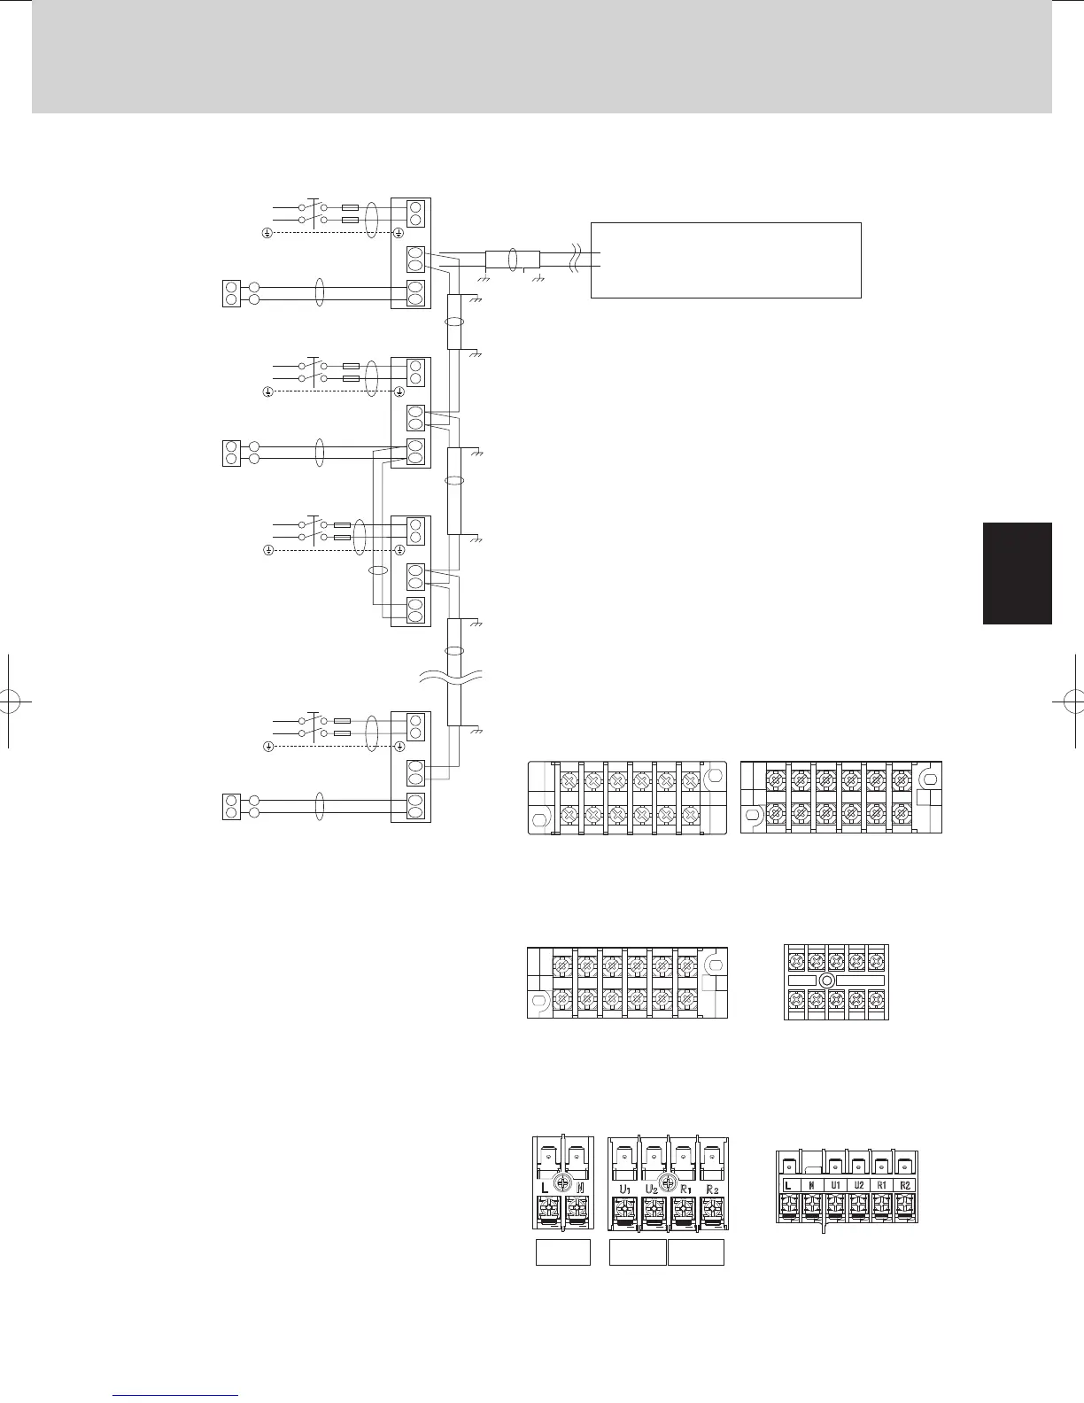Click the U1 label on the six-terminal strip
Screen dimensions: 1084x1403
pyautogui.click(x=834, y=1184)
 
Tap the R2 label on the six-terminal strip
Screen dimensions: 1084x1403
pyautogui.click(x=904, y=1184)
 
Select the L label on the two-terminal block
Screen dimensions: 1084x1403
pyautogui.click(x=544, y=1186)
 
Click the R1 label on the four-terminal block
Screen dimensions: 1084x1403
pyautogui.click(x=683, y=1188)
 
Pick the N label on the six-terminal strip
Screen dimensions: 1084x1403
pyautogui.click(x=810, y=1184)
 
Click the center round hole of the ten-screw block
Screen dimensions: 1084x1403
pyautogui.click(x=827, y=981)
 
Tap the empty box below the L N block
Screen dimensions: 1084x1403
pyautogui.click(x=563, y=1252)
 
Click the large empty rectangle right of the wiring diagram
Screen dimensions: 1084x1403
pyautogui.click(x=725, y=260)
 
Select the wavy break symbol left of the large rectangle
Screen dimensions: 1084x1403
pyautogui.click(x=577, y=258)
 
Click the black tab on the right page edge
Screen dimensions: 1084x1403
pyautogui.click(x=1017, y=573)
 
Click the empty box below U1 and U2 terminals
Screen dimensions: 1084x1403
pyautogui.click(x=638, y=1252)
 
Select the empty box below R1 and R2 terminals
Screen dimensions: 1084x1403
pyautogui.click(x=695, y=1252)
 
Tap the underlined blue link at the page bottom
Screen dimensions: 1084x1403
pyautogui.click(x=176, y=1394)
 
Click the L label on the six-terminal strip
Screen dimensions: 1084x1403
pyautogui.click(x=787, y=1184)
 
